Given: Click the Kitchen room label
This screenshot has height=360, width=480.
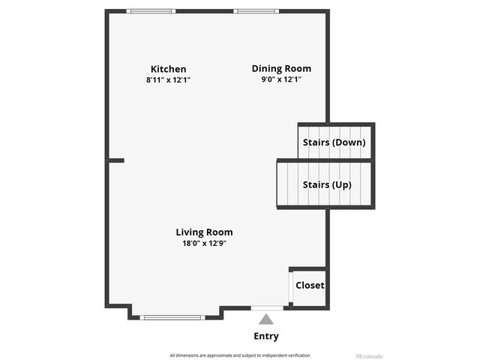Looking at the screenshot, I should coord(168,69).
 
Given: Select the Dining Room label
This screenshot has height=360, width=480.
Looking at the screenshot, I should coord(280,68).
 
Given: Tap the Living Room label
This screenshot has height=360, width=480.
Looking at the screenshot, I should coord(204,232).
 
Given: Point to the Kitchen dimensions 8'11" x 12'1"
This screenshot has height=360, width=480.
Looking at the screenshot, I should coord(168,79).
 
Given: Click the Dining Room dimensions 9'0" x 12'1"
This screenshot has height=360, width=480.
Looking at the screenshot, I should coord(280,79).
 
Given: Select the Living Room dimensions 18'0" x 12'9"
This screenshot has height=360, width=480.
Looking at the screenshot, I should coord(204,243).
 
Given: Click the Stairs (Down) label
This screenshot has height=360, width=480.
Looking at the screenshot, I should coord(334,142).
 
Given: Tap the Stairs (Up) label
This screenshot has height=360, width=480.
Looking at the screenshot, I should coord(326,184).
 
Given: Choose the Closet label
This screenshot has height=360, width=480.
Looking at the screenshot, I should coord(310,285).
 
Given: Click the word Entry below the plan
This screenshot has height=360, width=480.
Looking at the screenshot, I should coord(266,336).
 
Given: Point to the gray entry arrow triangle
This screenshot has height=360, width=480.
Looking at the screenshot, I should coord(266,319).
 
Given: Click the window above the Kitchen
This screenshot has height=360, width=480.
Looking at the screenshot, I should coord(151,11).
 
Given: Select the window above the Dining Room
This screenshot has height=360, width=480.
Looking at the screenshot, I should coord(256,11).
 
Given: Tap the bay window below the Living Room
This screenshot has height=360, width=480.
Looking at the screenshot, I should coord(172,317).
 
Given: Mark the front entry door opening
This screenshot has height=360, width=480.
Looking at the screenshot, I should coord(267,307).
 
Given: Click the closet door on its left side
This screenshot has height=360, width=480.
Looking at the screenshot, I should coord(290,286).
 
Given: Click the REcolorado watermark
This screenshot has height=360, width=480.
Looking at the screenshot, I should coord(368,355).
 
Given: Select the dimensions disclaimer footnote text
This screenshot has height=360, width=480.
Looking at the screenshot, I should coord(239,355).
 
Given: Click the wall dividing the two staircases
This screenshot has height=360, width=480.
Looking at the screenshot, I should coord(325,160).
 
